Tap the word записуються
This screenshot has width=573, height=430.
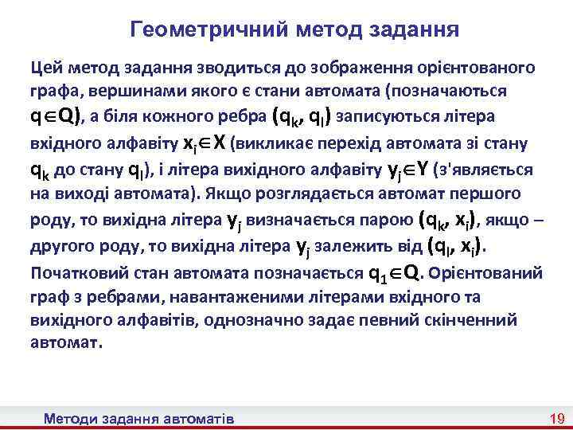pyautogui.click(x=384, y=117)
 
